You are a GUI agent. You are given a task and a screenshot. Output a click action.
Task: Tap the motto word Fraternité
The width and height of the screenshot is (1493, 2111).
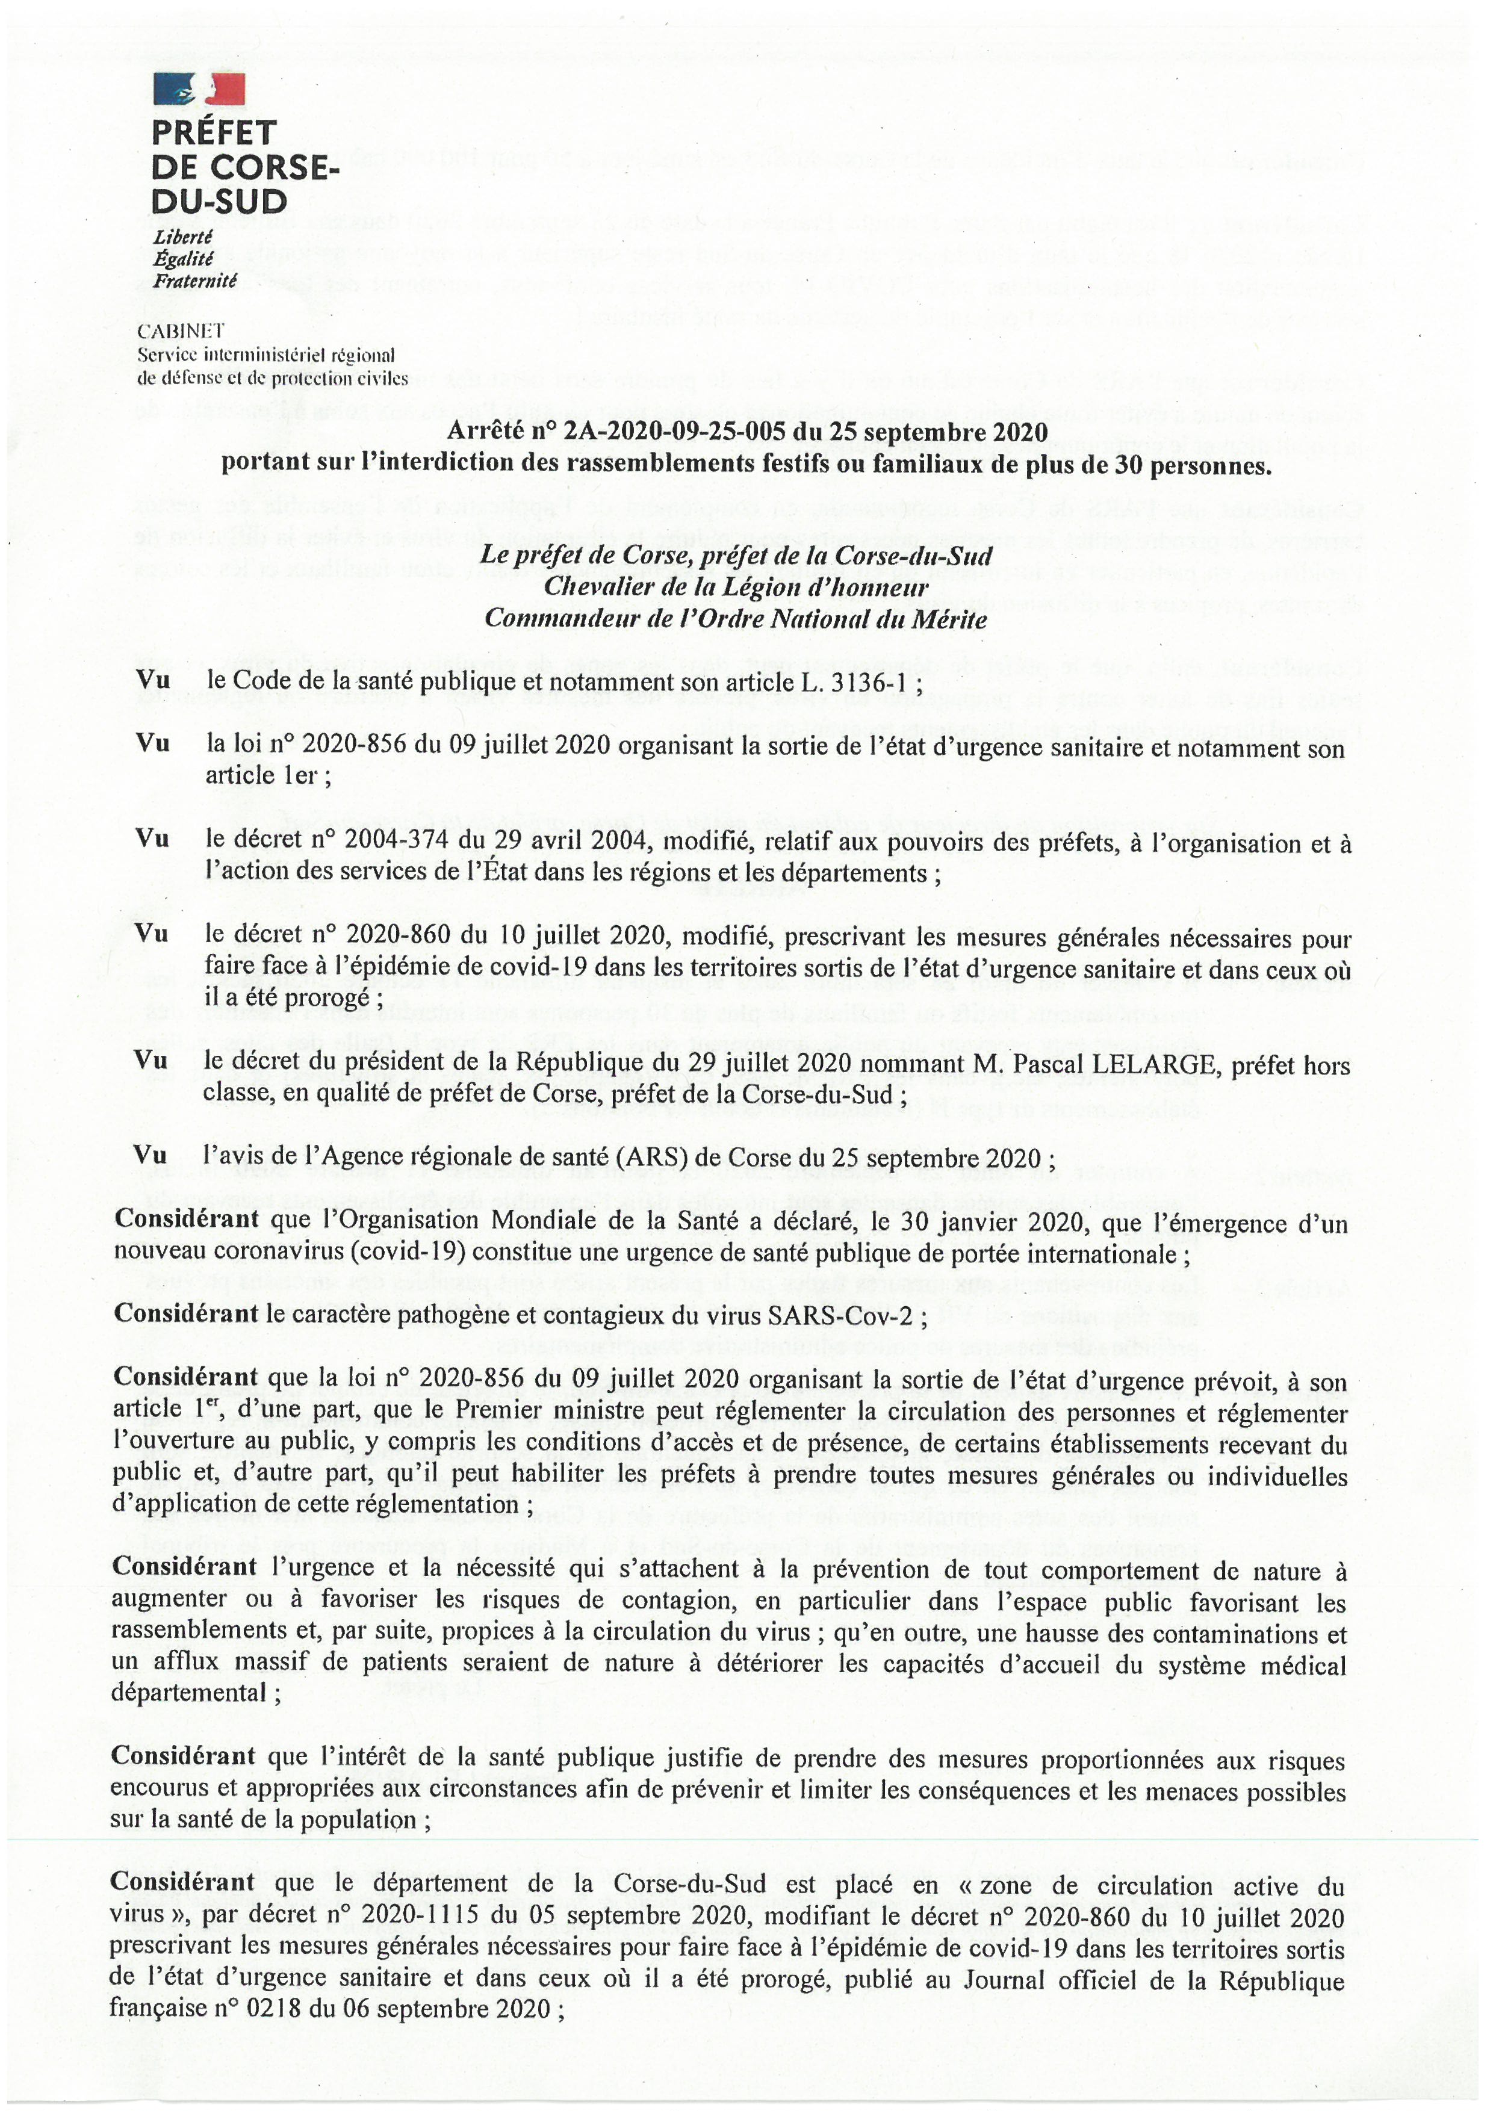tap(195, 281)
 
